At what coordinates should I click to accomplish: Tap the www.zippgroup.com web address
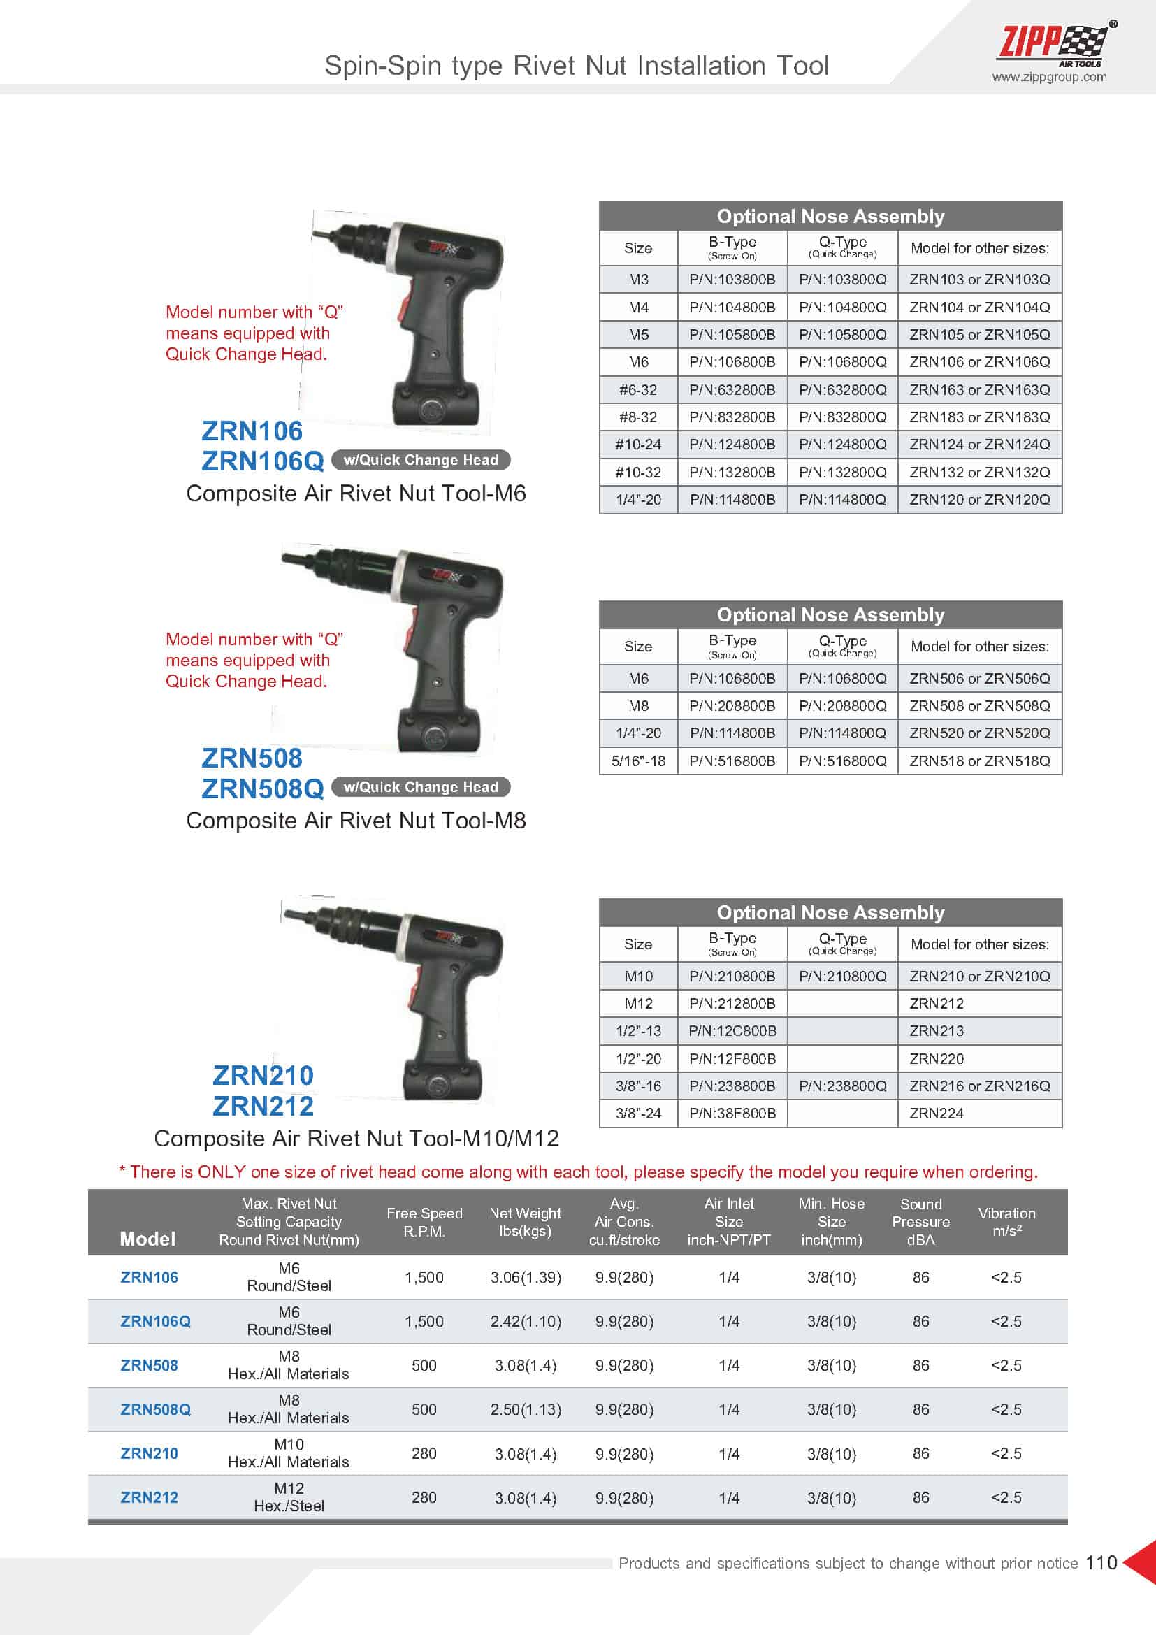[x=1048, y=78]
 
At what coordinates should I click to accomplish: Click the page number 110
[x=1101, y=1562]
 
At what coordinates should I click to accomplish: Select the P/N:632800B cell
[x=732, y=389]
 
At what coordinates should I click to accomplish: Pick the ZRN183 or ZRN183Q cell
[x=978, y=417]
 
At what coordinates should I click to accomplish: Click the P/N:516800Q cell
[x=842, y=761]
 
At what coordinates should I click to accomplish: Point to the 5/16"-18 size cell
[x=638, y=761]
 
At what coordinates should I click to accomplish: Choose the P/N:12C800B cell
[x=732, y=1030]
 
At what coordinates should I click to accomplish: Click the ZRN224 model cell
[x=936, y=1113]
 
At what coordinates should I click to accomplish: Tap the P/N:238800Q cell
[x=842, y=1086]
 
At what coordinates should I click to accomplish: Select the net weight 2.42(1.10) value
[x=526, y=1321]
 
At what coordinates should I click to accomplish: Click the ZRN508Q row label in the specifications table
[x=155, y=1409]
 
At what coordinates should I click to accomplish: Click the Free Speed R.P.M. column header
[x=424, y=1221]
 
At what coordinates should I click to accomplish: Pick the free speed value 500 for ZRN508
[x=424, y=1365]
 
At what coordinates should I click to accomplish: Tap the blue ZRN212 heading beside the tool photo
[x=263, y=1106]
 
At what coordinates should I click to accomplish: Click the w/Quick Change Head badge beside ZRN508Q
[x=421, y=787]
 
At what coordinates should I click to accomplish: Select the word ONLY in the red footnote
[x=219, y=1172]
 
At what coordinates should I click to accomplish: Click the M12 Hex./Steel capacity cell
[x=289, y=1497]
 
